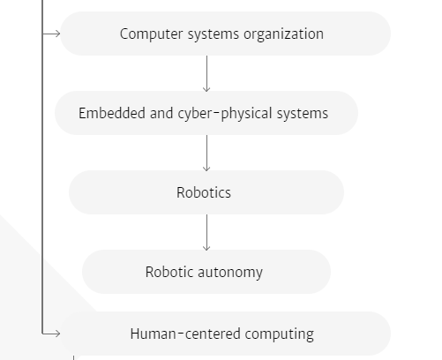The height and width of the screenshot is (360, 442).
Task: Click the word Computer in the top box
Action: [151, 34]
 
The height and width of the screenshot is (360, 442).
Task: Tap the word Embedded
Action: [112, 113]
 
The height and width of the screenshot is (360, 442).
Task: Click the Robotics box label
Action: [204, 192]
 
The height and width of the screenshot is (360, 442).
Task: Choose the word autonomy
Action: [230, 273]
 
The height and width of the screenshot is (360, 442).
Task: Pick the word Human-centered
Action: [185, 334]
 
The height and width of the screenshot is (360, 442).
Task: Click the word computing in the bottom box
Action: [280, 334]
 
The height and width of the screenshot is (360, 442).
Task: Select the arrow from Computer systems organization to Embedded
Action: [206, 73]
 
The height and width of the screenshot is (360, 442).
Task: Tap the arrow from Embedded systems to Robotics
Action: [206, 153]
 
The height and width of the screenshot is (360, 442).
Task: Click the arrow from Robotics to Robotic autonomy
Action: [206, 232]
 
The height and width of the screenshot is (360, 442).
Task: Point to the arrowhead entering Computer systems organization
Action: [57, 34]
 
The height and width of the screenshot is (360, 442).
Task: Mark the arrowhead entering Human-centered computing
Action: [57, 334]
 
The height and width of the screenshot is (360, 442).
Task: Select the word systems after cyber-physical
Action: [303, 114]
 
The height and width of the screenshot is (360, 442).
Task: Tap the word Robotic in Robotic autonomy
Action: [169, 272]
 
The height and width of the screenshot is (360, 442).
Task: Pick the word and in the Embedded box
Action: [161, 113]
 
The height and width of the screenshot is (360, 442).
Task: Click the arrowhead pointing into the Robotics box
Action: [206, 169]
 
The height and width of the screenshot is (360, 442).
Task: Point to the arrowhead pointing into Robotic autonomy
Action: [206, 248]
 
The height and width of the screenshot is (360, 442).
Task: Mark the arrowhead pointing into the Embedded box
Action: [206, 89]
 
